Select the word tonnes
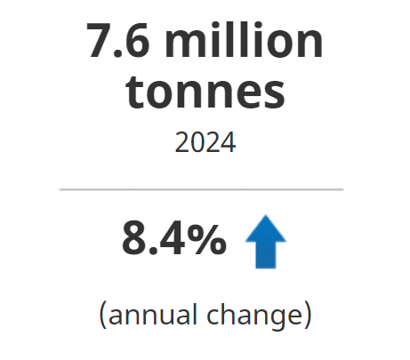pyautogui.click(x=205, y=92)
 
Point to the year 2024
pyautogui.click(x=205, y=142)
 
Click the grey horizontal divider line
pyautogui.click(x=201, y=189)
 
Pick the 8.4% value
pyautogui.click(x=174, y=240)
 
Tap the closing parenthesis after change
pyautogui.click(x=308, y=315)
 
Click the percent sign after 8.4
pyautogui.click(x=207, y=240)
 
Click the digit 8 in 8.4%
pyautogui.click(x=135, y=240)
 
